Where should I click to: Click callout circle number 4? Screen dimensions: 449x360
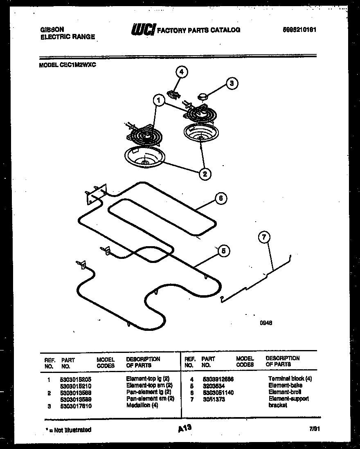[x=181, y=72]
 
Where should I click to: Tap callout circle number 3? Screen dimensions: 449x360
[x=232, y=83]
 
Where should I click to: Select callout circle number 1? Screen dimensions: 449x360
[x=159, y=99]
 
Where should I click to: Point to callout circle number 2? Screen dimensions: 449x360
[x=205, y=174]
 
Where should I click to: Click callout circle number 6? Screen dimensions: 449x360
[x=220, y=198]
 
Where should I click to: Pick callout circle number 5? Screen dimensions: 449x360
[x=223, y=251]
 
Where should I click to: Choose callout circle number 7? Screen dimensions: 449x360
[x=265, y=237]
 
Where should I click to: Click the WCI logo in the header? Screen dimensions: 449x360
[x=142, y=29]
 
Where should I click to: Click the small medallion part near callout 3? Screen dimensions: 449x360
[x=203, y=96]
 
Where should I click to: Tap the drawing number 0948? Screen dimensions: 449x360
[x=266, y=323]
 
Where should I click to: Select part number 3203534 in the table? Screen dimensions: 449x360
[x=213, y=386]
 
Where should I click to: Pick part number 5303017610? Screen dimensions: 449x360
[x=75, y=405]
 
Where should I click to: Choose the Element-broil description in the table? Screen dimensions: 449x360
[x=285, y=392]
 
